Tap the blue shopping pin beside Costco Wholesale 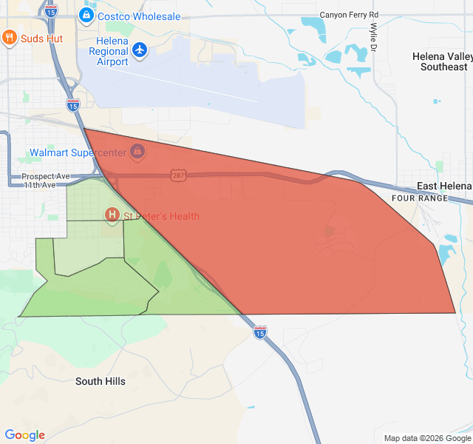click(86, 15)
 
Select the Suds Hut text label click(41, 38)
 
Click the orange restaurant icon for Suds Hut click(10, 38)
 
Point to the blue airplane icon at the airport click(140, 50)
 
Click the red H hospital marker click(112, 215)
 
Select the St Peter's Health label click(161, 216)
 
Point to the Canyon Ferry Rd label click(349, 15)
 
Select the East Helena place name click(444, 186)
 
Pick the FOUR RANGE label click(420, 198)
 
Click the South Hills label click(101, 382)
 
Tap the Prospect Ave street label click(46, 177)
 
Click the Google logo click(25, 435)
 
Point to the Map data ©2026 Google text click(427, 438)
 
